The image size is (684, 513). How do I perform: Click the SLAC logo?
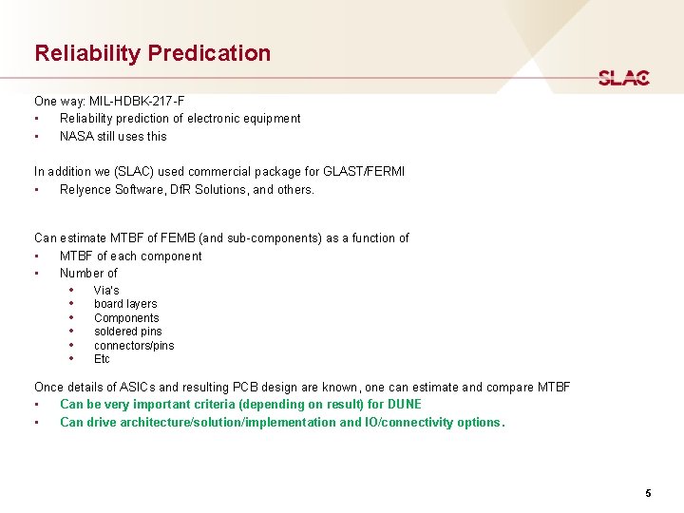tap(623, 78)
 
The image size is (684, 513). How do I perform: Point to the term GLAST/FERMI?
tap(365, 172)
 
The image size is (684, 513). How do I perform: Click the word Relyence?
tap(85, 189)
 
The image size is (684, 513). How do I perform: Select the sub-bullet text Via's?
tap(106, 290)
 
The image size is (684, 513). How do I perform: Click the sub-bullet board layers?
tap(125, 304)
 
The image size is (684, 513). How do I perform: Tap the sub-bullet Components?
tap(126, 318)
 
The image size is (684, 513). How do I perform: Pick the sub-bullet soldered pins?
tap(127, 332)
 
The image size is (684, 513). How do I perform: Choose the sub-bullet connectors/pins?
tap(134, 346)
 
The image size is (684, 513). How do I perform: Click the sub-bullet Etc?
tap(102, 359)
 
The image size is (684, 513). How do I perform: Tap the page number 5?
tap(648, 493)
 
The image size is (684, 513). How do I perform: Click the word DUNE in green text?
tap(404, 405)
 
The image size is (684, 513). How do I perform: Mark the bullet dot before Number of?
tap(36, 274)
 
